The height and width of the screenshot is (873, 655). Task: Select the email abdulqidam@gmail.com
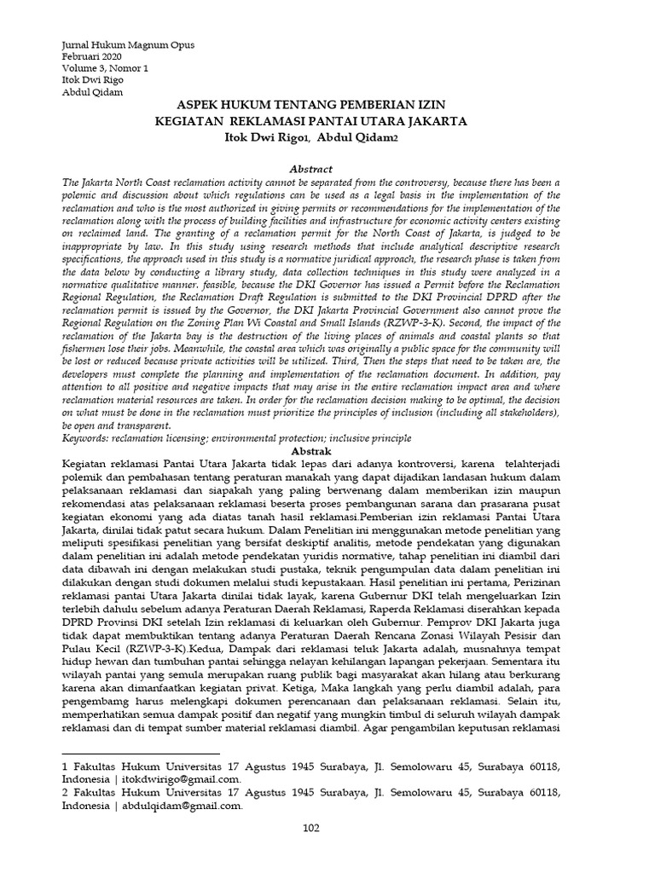coord(183,806)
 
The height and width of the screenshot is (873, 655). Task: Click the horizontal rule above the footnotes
coord(142,754)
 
